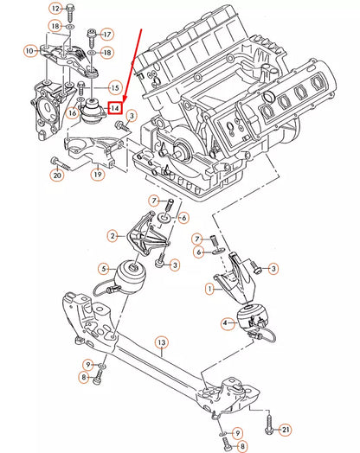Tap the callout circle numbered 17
(107, 35)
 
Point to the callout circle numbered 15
(113, 88)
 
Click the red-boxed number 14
(113, 110)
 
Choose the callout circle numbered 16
(74, 112)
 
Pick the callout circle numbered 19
(98, 174)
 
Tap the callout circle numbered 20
(57, 175)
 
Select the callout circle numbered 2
(112, 235)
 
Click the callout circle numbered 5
(104, 268)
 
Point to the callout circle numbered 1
(209, 287)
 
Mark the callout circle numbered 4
(226, 324)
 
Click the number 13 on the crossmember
(161, 344)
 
